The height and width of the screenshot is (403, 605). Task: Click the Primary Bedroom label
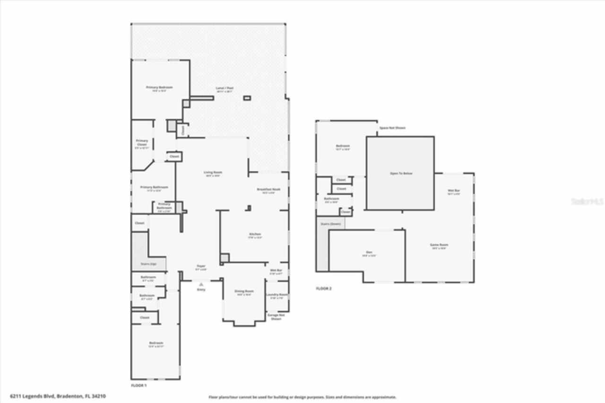pos(159,88)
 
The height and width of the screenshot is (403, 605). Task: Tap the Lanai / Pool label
pos(225,88)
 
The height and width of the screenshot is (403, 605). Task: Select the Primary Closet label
pos(142,142)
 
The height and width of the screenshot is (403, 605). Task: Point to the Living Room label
pos(213,173)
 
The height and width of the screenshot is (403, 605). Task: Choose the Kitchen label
pos(255,234)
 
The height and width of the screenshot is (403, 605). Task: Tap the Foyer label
pos(201,266)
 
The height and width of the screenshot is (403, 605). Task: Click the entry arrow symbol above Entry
pos(201,284)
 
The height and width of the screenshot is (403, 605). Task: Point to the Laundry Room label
pos(277,295)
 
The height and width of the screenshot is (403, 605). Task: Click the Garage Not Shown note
pos(276,316)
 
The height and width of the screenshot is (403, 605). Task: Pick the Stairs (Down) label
pos(331,224)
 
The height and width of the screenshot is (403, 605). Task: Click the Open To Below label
pos(401,174)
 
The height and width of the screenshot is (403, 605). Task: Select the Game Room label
pos(439,245)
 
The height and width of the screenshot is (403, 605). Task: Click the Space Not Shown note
pos(392,128)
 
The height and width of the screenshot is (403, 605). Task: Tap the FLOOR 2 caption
pos(324,288)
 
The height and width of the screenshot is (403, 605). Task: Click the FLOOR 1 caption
pos(139,385)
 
